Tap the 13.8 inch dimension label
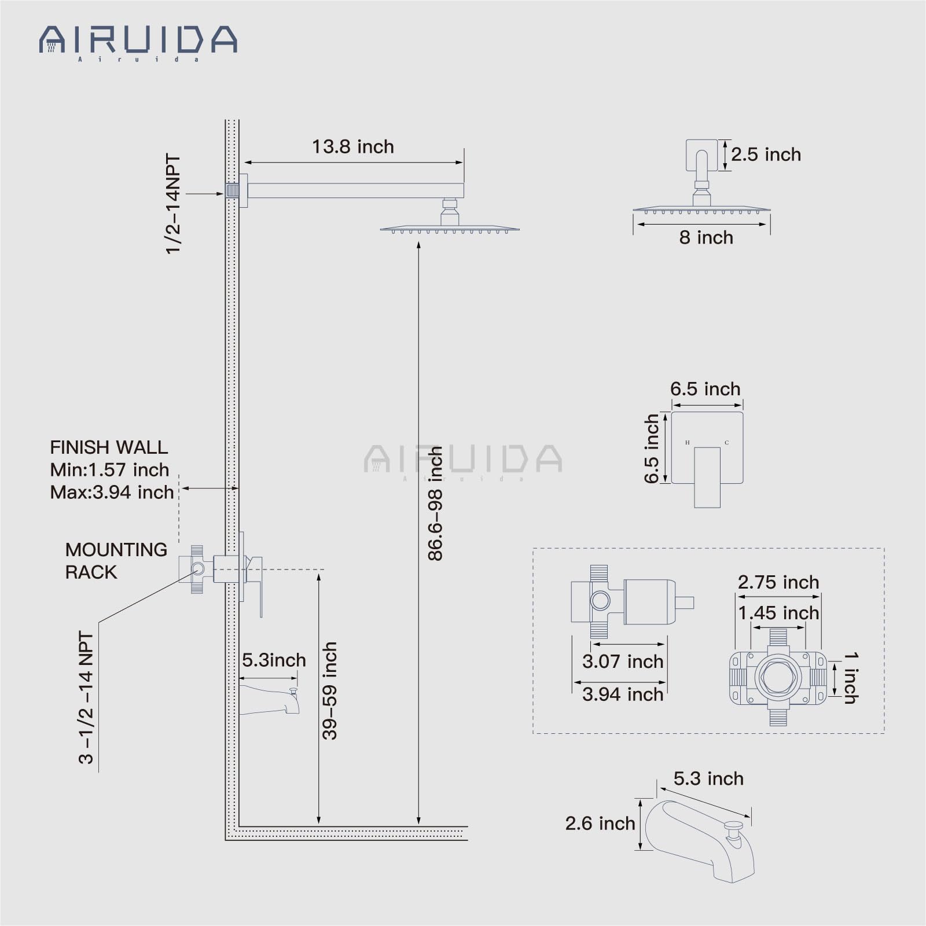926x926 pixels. click(353, 147)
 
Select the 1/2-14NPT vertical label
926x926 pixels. click(173, 204)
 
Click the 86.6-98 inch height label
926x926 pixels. click(435, 504)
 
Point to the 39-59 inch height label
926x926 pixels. click(329, 690)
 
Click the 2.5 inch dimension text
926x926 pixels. click(766, 155)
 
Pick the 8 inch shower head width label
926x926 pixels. click(706, 237)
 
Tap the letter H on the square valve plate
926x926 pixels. click(688, 443)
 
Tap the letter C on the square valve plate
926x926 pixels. click(727, 443)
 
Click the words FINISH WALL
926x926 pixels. click(109, 447)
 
